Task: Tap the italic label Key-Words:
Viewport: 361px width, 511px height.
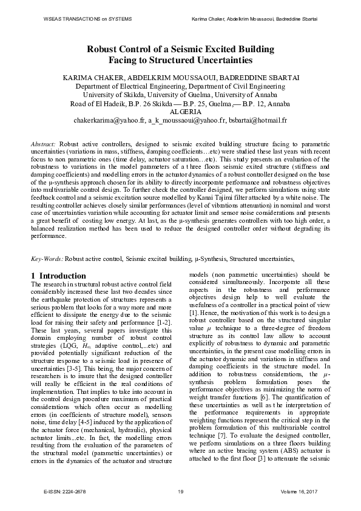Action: point(47,259)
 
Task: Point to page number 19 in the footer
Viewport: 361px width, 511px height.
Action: point(180,490)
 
